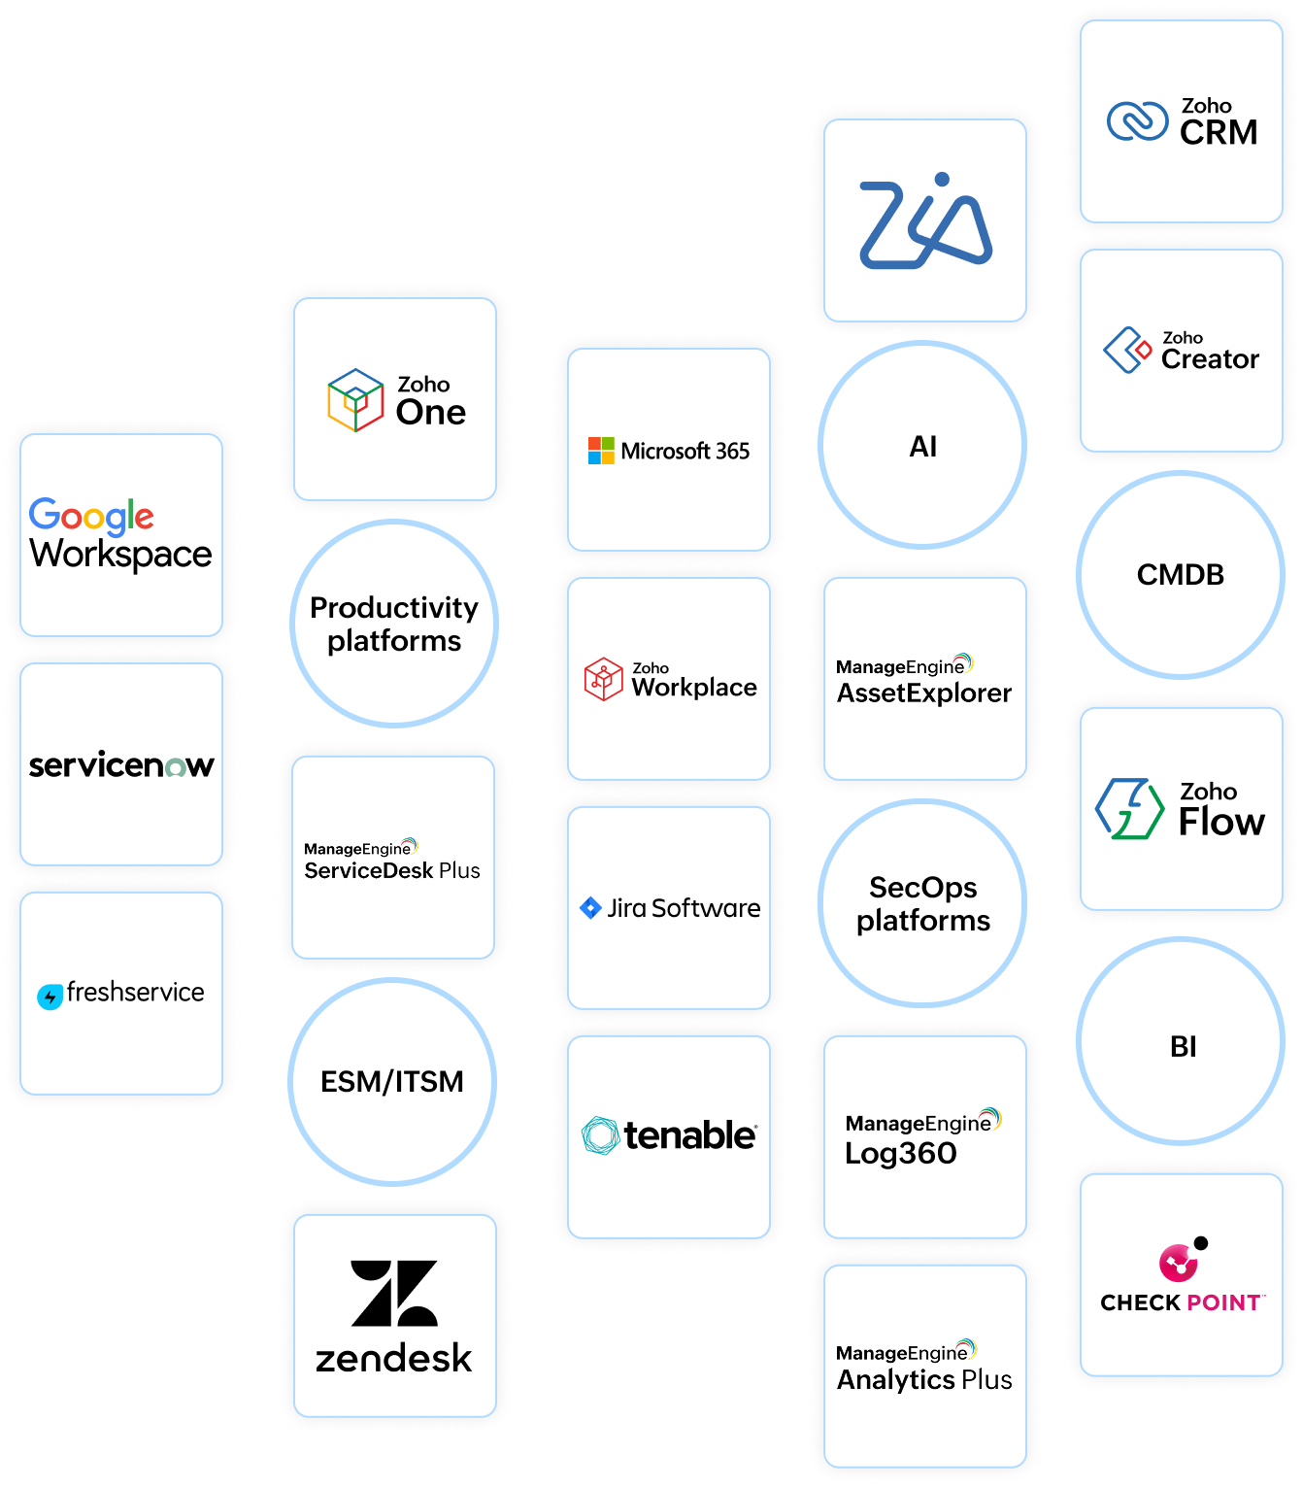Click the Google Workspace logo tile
click(121, 534)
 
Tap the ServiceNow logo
click(121, 765)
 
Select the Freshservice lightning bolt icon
click(50, 997)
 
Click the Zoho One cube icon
click(355, 400)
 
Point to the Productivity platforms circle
click(394, 624)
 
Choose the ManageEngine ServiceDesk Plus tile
click(393, 858)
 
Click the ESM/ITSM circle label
click(392, 1082)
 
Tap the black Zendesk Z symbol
click(394, 1294)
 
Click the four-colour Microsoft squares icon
click(601, 451)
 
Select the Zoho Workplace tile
click(669, 679)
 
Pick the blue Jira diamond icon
click(590, 908)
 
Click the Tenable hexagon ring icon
click(600, 1135)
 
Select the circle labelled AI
click(922, 446)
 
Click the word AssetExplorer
click(924, 693)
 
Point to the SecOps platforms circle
click(922, 903)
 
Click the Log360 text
click(901, 1154)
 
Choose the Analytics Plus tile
click(925, 1366)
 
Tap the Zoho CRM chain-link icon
click(1137, 121)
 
